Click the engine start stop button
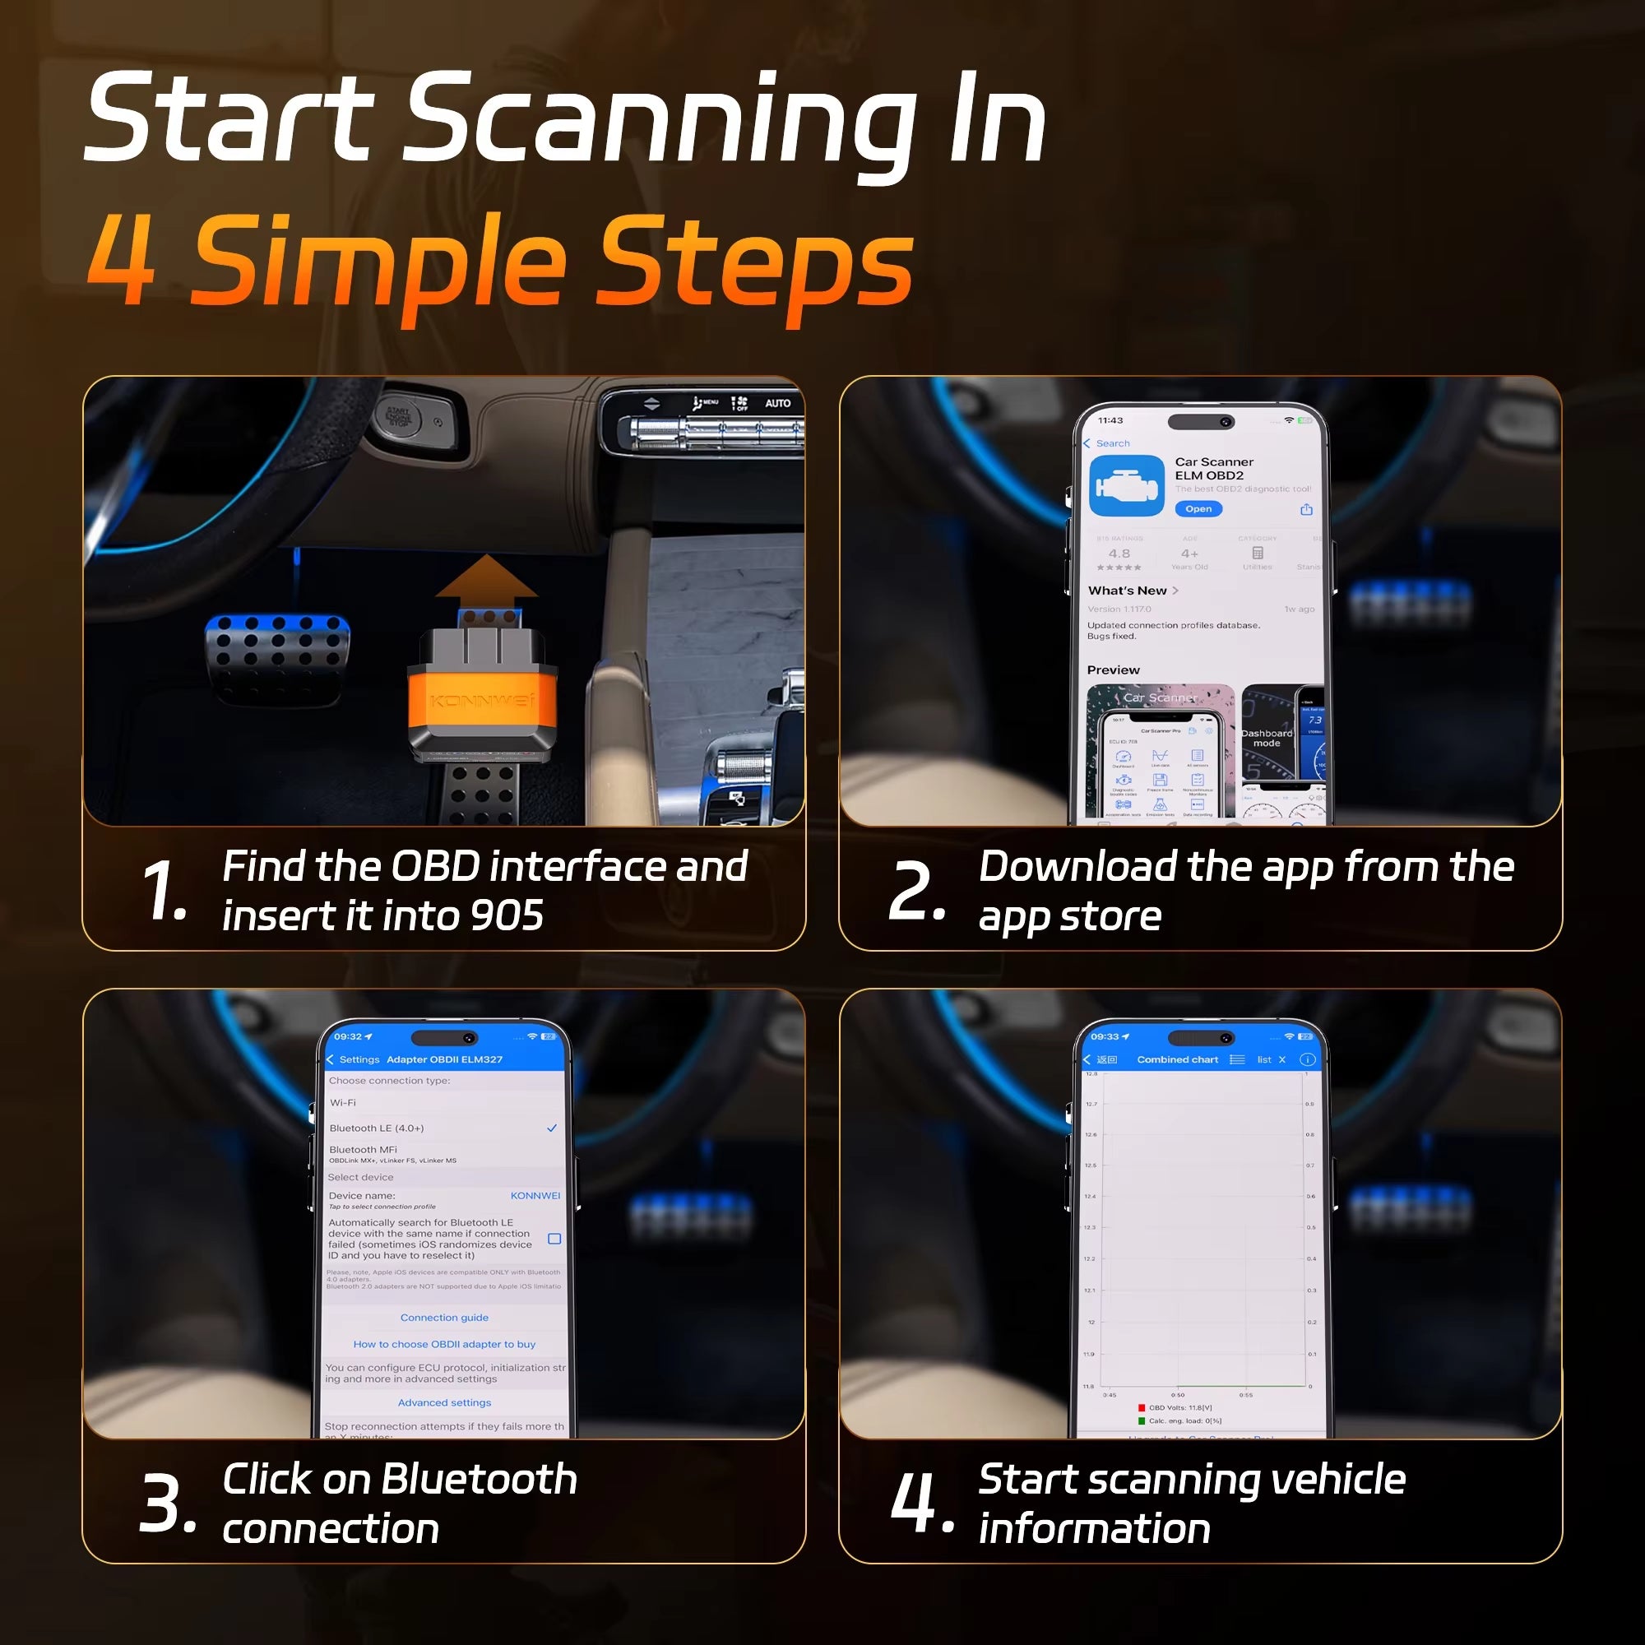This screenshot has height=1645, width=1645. pyautogui.click(x=398, y=417)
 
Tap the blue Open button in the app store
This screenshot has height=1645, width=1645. pyautogui.click(x=1198, y=509)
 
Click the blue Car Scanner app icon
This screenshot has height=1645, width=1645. pyautogui.click(x=1127, y=486)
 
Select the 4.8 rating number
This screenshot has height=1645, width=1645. pyautogui.click(x=1119, y=554)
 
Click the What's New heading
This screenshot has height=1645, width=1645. pyautogui.click(x=1127, y=591)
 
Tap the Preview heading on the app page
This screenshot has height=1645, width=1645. pyautogui.click(x=1113, y=670)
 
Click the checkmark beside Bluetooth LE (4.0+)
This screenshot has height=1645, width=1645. pyautogui.click(x=552, y=1128)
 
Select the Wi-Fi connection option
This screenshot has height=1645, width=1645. pyautogui.click(x=343, y=1103)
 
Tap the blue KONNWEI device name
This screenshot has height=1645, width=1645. pyautogui.click(x=535, y=1195)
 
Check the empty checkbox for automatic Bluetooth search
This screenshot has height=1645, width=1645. pyautogui.click(x=554, y=1239)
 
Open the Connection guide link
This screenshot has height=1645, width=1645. pyautogui.click(x=444, y=1317)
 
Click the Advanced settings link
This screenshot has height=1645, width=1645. pyautogui.click(x=444, y=1402)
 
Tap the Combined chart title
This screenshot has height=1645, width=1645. pyautogui.click(x=1178, y=1060)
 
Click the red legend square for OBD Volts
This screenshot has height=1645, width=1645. pyautogui.click(x=1142, y=1408)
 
